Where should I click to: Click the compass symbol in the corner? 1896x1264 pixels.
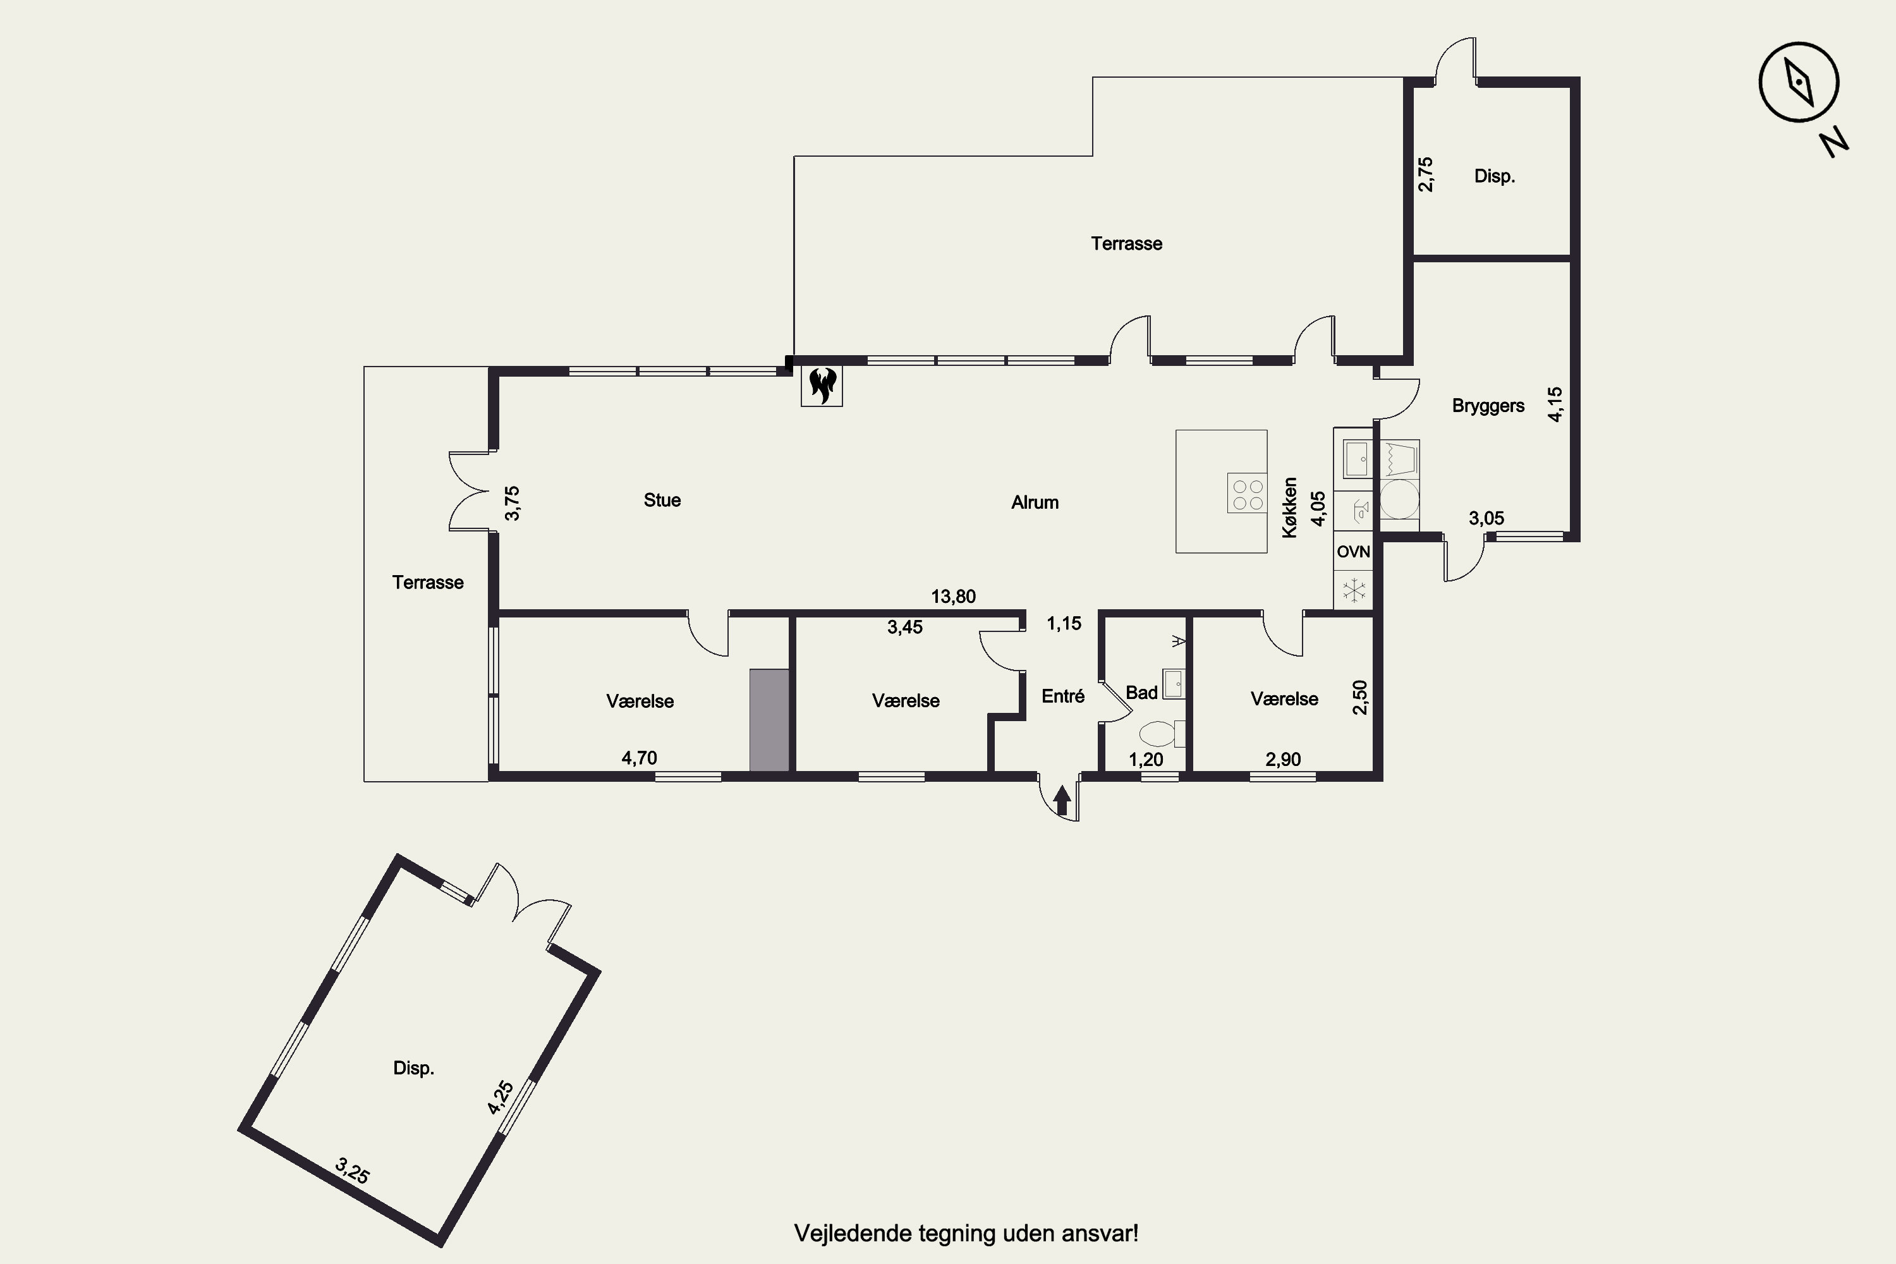point(1799,82)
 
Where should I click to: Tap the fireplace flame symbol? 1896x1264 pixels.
point(822,386)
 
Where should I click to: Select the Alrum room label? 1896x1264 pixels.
point(1035,502)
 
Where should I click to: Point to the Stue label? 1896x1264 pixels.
point(662,500)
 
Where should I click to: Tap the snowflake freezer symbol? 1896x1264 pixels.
point(1354,589)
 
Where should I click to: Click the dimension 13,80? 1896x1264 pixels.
point(954,597)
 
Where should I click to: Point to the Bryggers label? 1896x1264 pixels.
point(1488,406)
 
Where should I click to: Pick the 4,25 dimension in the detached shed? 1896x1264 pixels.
point(500,1098)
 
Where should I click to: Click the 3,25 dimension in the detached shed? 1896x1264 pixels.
point(352,1170)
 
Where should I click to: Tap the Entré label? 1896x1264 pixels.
point(1063,696)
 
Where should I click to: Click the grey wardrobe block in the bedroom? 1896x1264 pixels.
point(769,720)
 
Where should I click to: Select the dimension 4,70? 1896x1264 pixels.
point(639,758)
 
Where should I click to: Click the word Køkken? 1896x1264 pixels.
point(1290,508)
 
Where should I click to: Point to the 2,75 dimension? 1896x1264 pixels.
point(1425,174)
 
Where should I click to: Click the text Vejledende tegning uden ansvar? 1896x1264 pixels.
point(966,1234)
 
